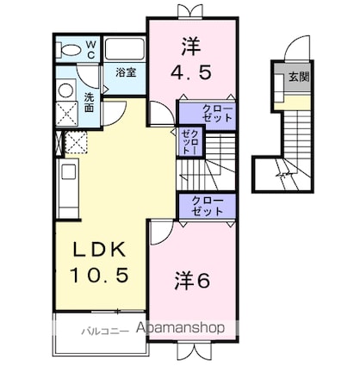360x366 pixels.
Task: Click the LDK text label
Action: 99,250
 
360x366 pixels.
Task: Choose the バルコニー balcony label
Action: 105,331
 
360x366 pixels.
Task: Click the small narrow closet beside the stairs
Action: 189,140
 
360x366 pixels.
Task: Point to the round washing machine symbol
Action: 65,90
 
